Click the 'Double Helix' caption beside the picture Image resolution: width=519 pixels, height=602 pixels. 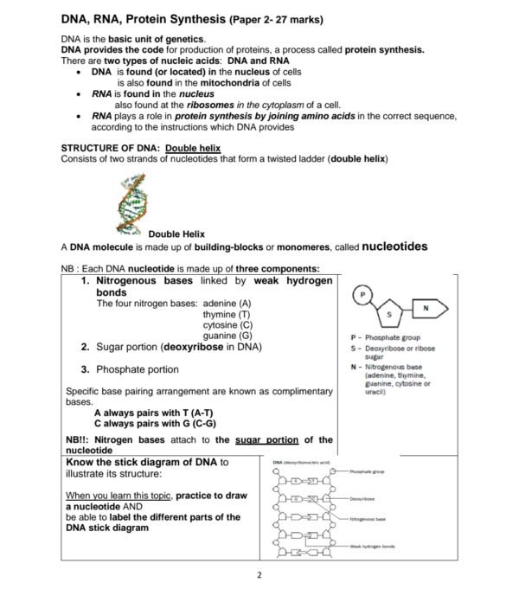[176, 234]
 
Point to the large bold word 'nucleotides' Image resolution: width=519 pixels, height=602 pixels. [394, 247]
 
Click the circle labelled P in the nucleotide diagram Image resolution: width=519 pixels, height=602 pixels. [362, 296]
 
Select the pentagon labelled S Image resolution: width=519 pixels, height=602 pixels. [389, 312]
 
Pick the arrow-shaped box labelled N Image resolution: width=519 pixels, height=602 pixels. [428, 307]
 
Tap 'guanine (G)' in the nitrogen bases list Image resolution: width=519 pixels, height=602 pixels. [227, 336]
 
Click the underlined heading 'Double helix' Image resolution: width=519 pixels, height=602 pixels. [194, 148]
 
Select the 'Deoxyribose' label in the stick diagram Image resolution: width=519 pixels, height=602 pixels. [362, 499]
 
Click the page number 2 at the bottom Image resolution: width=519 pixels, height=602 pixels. [259, 575]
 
